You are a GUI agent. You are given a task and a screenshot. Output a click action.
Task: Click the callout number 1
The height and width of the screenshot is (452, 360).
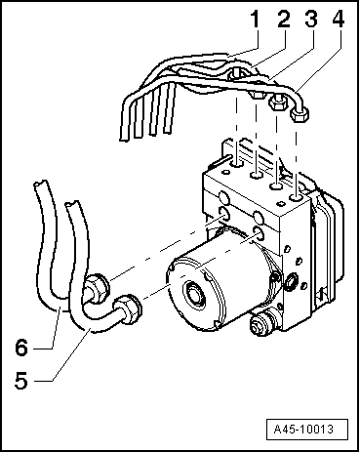(256, 19)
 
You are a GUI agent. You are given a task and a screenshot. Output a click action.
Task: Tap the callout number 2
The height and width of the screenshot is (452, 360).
(284, 19)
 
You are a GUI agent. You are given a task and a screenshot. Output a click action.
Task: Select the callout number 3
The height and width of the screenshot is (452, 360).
(311, 19)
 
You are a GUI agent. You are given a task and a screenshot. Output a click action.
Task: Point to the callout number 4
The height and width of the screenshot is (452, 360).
(339, 19)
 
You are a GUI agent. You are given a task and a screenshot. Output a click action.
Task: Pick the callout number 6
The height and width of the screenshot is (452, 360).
(21, 348)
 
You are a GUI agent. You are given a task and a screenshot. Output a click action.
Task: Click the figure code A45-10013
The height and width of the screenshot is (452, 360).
(303, 430)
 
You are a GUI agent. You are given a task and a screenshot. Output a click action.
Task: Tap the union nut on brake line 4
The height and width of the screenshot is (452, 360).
(299, 114)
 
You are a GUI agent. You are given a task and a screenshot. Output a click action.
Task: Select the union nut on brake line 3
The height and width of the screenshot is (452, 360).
(278, 103)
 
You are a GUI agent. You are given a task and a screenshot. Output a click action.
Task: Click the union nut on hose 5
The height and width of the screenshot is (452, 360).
(128, 309)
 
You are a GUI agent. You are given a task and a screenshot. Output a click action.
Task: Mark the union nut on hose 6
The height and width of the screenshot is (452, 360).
(97, 288)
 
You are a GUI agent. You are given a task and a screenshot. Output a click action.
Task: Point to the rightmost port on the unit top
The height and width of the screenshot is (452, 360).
(297, 197)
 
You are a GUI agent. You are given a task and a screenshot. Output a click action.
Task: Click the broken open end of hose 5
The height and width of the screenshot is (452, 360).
(72, 203)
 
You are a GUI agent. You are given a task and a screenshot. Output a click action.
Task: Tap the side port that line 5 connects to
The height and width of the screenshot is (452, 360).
(259, 233)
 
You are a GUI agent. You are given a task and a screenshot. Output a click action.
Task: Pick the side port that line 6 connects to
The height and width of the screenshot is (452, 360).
(224, 214)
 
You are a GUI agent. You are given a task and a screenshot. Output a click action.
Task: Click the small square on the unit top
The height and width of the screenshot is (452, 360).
(279, 204)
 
